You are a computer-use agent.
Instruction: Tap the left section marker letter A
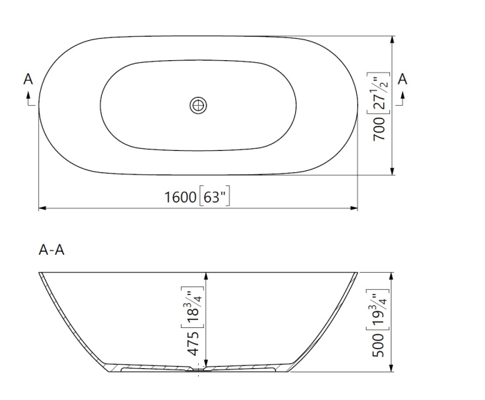point(28,80)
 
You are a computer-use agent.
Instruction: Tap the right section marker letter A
point(403,80)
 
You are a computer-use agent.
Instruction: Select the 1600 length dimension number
point(179,197)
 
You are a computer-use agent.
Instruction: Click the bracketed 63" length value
point(214,197)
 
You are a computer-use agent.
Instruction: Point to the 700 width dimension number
point(380,127)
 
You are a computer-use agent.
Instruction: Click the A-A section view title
point(52,250)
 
